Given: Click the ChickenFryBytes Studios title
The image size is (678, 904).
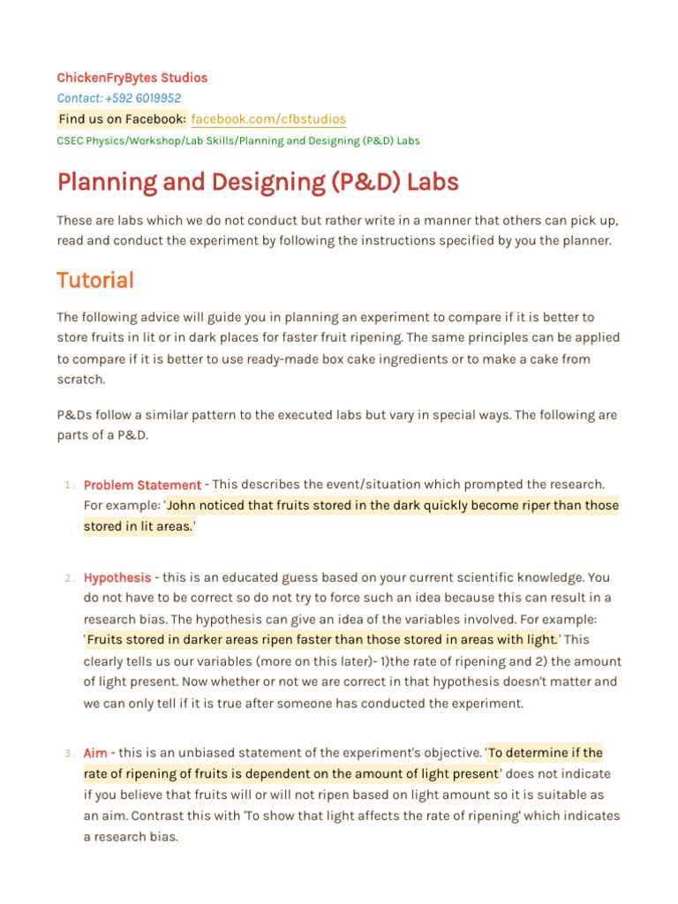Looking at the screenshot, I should (132, 78).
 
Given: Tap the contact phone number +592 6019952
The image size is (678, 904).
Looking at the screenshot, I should (119, 98).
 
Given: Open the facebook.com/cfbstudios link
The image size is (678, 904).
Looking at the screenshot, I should (268, 119).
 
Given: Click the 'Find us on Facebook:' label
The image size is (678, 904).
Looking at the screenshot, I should (122, 119).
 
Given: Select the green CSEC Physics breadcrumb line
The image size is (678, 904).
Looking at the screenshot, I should (238, 140).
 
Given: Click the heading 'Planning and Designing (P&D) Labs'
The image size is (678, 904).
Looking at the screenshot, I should (258, 183).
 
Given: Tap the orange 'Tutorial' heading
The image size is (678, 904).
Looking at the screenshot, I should (95, 281).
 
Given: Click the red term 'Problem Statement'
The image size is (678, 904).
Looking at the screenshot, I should (142, 485).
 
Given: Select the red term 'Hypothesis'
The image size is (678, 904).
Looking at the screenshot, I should (117, 577).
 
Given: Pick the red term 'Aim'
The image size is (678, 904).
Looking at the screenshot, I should (95, 753).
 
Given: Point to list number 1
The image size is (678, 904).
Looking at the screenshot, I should (69, 486).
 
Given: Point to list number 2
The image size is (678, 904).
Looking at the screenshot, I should (69, 578).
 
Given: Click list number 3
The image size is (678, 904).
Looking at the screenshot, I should (69, 754).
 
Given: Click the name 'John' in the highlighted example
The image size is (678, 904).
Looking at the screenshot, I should (182, 506).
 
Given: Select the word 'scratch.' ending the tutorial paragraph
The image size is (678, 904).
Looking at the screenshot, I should (81, 379).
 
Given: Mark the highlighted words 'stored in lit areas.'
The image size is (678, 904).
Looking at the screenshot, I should (138, 526).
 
